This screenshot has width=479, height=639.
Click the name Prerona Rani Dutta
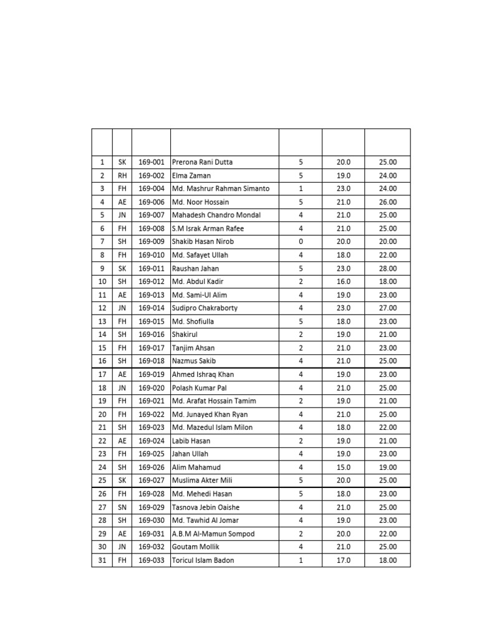[202, 162]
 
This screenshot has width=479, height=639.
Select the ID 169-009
[151, 241]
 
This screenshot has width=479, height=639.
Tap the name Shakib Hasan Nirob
[203, 241]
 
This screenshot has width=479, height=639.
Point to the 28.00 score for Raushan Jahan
[387, 268]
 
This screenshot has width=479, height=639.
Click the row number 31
[102, 560]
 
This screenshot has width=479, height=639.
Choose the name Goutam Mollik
[196, 547]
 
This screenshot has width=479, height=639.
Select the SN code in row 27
[122, 507]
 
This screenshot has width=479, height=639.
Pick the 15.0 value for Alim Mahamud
[343, 467]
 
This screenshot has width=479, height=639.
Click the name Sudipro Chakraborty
[205, 308]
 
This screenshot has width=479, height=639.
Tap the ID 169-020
[151, 388]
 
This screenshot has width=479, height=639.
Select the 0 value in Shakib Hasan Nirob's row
[301, 241]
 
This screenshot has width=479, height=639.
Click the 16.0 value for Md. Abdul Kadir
[343, 281]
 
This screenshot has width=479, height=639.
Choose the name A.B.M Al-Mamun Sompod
[213, 534]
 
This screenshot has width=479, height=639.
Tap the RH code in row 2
[122, 175]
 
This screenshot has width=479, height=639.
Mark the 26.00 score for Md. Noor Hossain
[387, 202]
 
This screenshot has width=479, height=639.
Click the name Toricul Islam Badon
[203, 560]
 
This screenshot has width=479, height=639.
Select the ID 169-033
[151, 560]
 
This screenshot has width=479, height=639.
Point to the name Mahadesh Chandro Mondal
[216, 215]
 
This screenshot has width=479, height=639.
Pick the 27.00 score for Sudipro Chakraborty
[387, 308]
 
